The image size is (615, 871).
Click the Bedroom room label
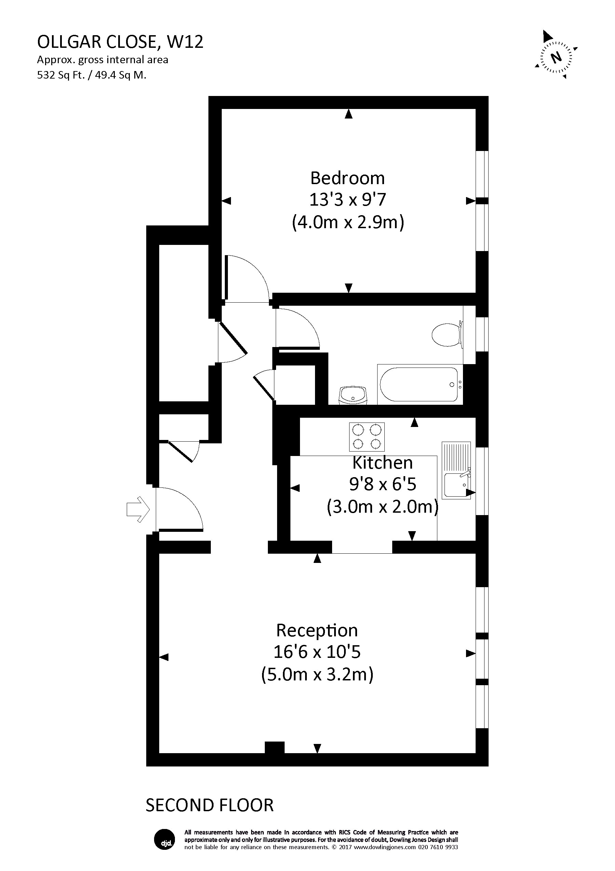tap(347, 178)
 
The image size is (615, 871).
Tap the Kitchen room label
tap(382, 463)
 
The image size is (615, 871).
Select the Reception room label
tap(317, 631)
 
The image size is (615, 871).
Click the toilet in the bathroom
tap(448, 335)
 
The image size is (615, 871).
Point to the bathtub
tap(420, 384)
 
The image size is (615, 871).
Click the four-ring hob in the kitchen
tap(367, 437)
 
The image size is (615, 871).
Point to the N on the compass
tap(556, 58)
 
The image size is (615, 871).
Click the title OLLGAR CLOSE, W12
tap(120, 42)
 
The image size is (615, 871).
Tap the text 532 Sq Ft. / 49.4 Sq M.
tap(92, 75)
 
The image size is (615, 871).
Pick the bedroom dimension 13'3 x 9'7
tap(347, 200)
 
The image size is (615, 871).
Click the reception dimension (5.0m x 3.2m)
tap(317, 675)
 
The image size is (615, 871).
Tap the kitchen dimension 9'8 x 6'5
tap(382, 484)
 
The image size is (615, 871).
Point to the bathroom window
tap(482, 334)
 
